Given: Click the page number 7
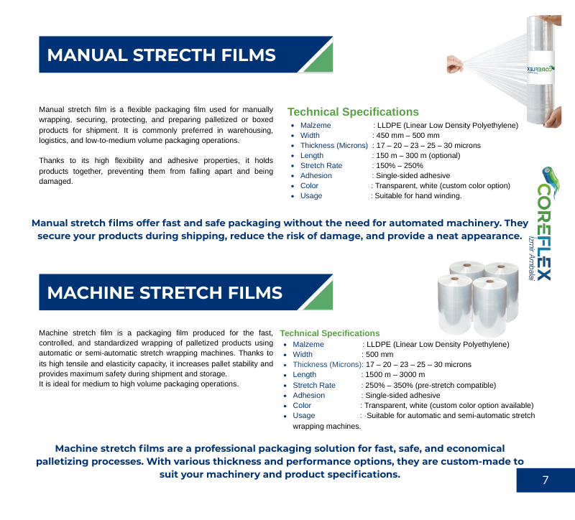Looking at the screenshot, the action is pos(546,480).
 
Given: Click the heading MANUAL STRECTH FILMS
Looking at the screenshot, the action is pos(161,55).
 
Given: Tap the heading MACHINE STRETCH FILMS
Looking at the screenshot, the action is pos(165,293).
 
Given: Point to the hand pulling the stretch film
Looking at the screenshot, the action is pos(455,64).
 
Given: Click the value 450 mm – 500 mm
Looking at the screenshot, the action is pos(408,135).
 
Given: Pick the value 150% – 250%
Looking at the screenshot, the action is pos(400,166).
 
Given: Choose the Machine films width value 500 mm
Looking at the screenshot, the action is pos(379,354).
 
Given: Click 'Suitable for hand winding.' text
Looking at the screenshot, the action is pos(418,195).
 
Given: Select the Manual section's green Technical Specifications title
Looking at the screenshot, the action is pos(353,112).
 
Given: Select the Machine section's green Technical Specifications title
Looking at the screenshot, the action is pos(330,333).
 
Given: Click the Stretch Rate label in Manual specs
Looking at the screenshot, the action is pos(321,166).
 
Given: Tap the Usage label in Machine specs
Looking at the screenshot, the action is pos(303,416).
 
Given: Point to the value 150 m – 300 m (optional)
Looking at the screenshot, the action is pos(418,155).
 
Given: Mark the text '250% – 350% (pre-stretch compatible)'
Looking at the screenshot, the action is pos(431,385).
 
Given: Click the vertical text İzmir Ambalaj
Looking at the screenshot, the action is pos(531,259).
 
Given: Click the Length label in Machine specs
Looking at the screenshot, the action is pos(304,374).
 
